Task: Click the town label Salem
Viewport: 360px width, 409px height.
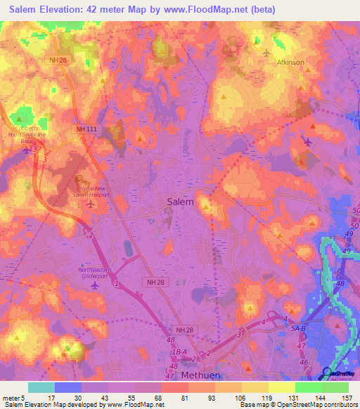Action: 180,201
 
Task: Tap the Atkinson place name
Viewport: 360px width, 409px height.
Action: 290,63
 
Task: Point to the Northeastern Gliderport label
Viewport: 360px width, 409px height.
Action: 95,273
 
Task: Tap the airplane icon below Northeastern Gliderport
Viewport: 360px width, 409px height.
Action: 95,286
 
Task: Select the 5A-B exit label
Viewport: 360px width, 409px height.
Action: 300,325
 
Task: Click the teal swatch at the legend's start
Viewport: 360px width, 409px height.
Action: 41,387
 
